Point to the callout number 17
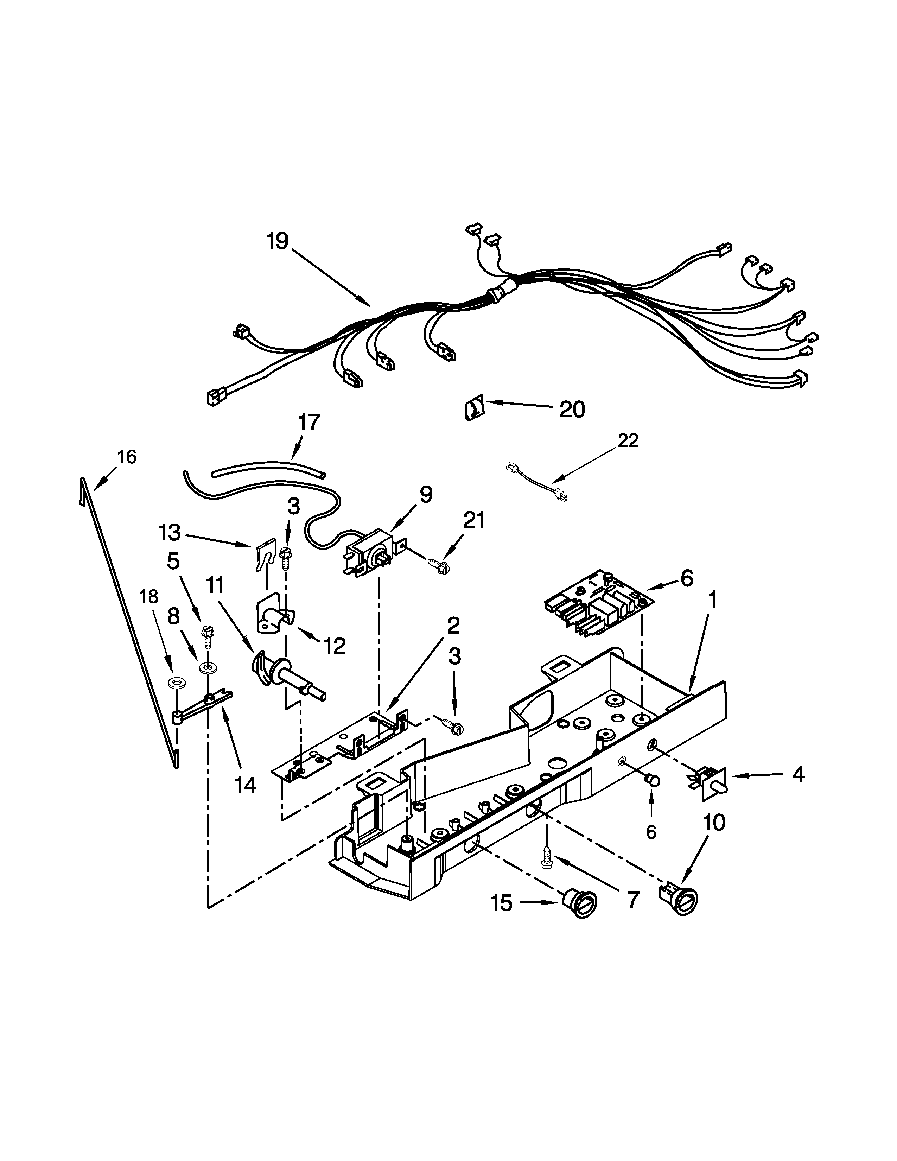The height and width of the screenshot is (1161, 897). point(309,422)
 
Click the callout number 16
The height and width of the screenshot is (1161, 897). point(127,457)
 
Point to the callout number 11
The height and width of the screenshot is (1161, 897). point(215,586)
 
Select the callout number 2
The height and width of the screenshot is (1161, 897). point(453,626)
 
